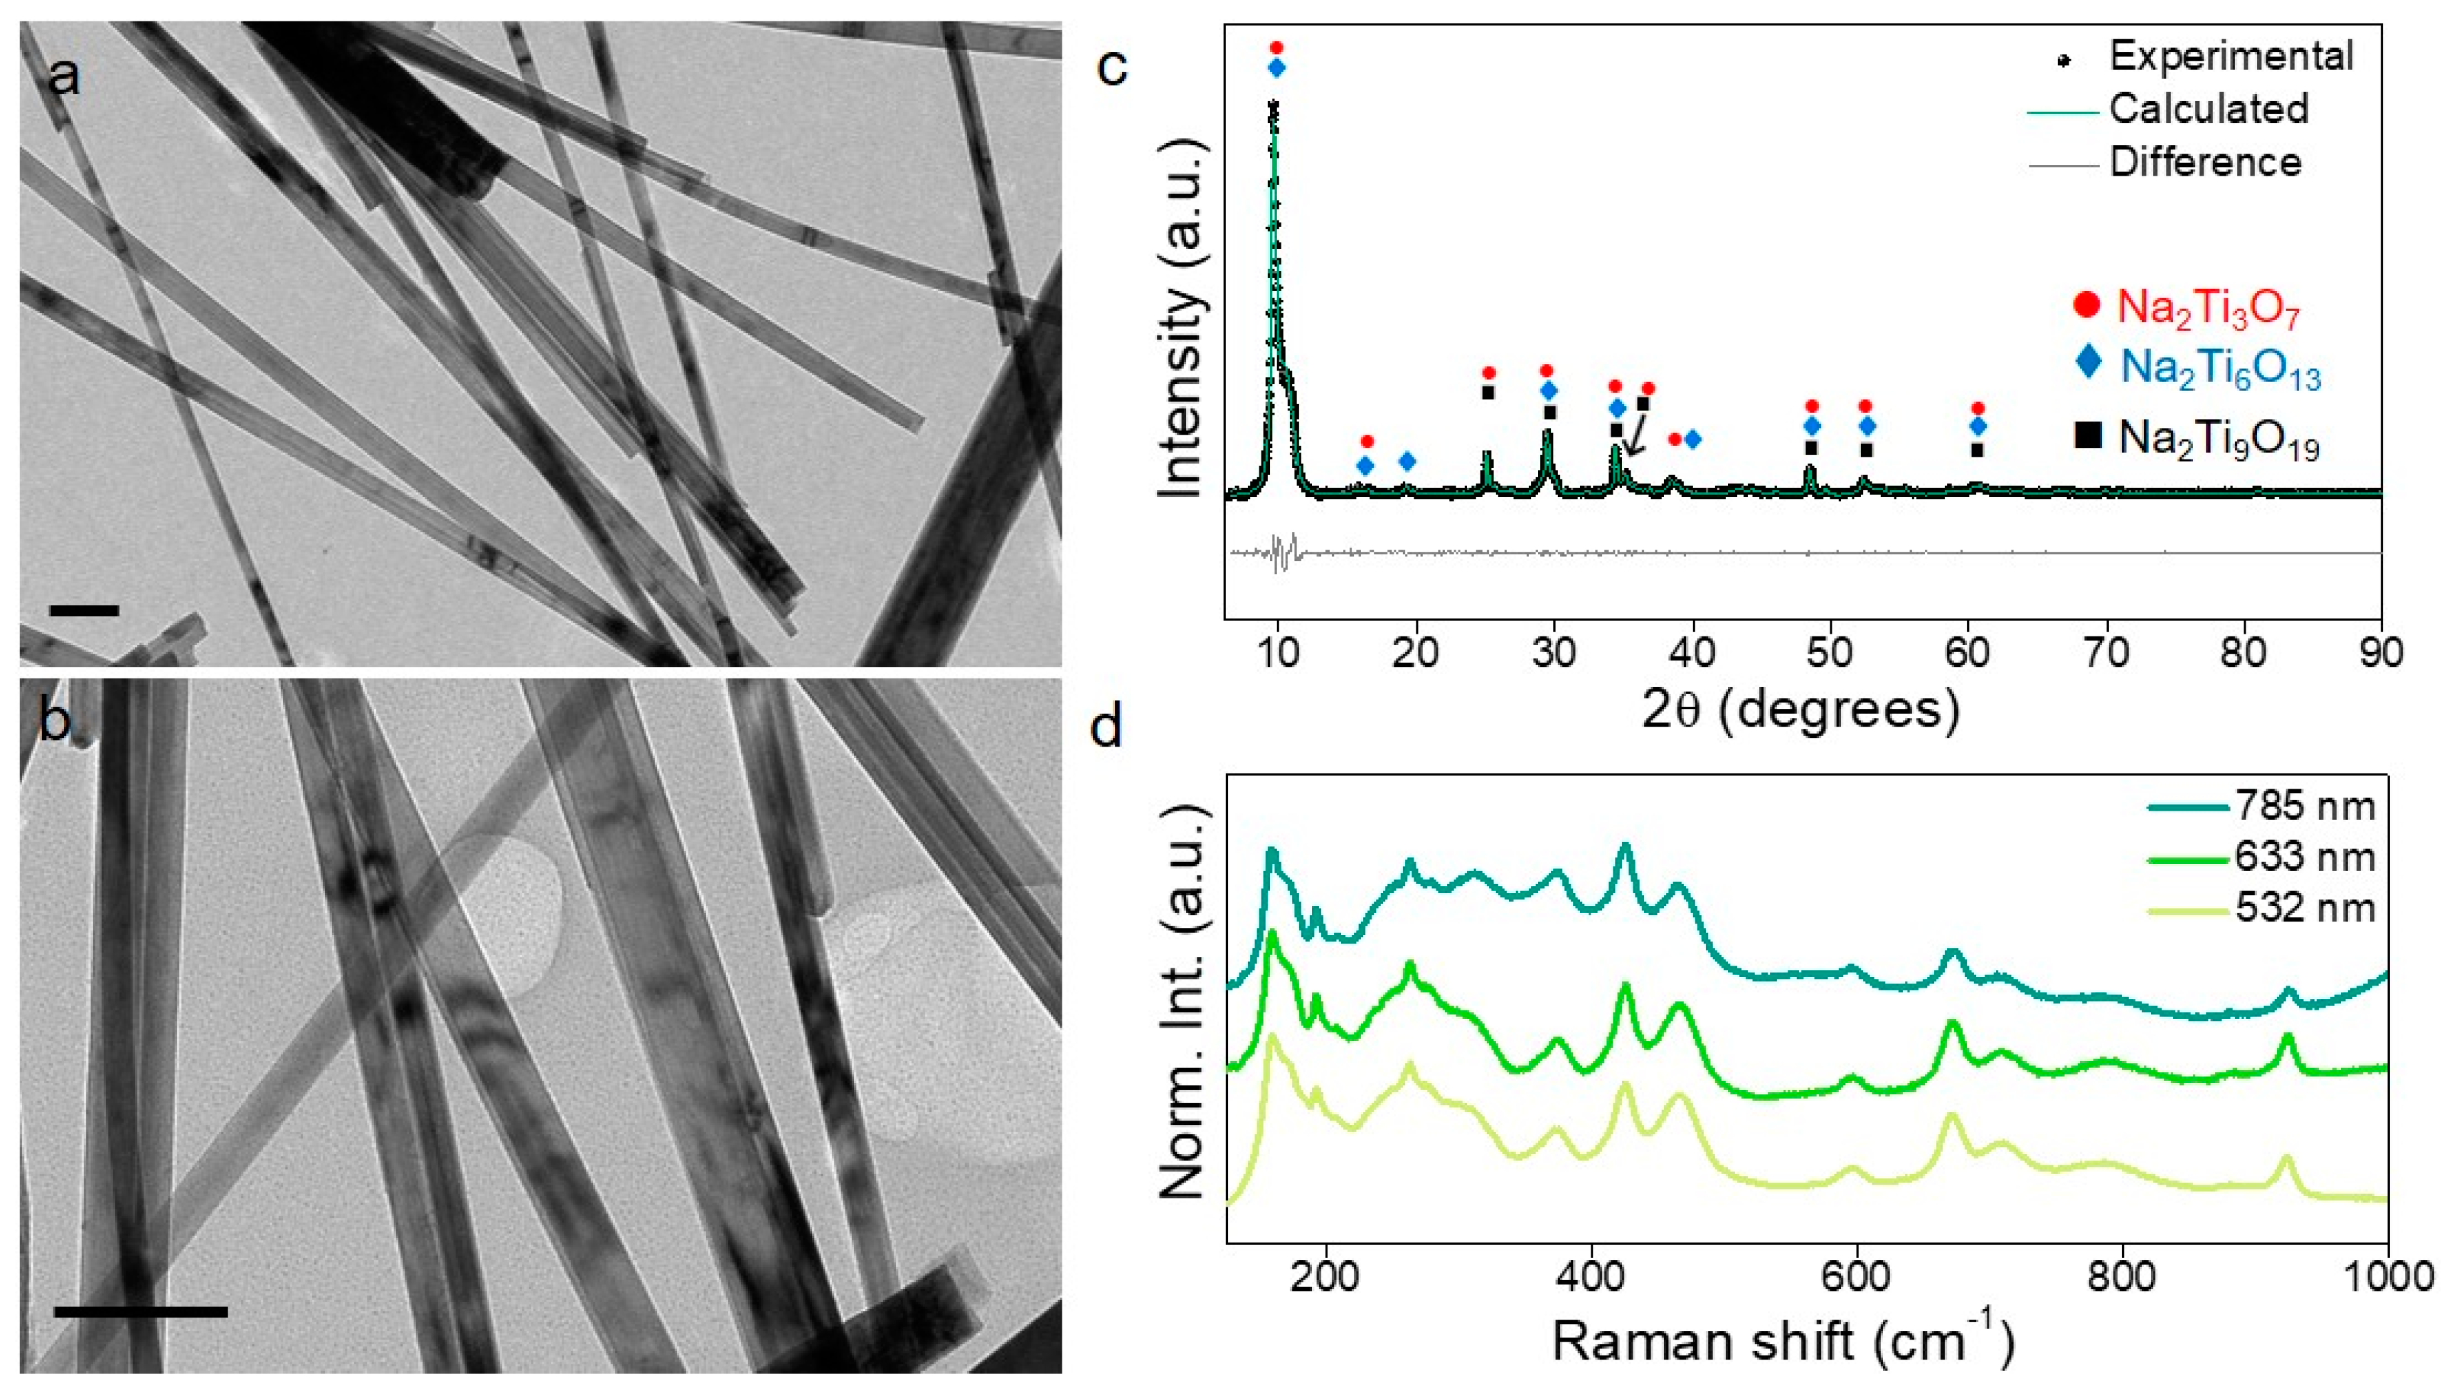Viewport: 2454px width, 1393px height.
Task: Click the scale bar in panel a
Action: coord(83,610)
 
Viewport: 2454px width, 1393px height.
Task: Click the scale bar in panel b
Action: coord(141,1312)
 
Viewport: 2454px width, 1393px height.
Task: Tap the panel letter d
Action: coord(1107,727)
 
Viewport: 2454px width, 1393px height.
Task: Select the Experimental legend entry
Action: coord(2229,57)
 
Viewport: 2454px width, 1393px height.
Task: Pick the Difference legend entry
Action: coord(2204,163)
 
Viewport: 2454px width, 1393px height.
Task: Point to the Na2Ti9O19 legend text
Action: coord(2219,440)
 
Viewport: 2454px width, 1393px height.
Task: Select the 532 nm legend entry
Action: coord(2304,907)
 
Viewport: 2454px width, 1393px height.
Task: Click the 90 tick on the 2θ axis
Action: coord(2381,654)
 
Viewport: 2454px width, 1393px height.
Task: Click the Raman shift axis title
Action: coord(1782,1342)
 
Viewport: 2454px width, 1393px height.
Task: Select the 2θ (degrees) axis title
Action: coord(1800,709)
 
